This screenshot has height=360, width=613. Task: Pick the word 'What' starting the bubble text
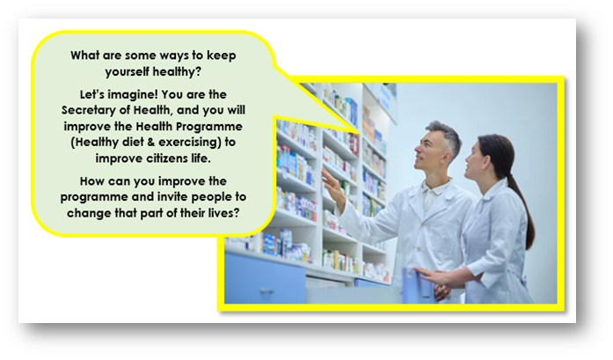click(x=84, y=55)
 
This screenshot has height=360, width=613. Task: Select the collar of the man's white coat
click(x=434, y=187)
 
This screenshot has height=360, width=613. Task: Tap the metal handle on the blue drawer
click(x=267, y=290)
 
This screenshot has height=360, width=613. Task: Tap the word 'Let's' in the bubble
click(x=92, y=95)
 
